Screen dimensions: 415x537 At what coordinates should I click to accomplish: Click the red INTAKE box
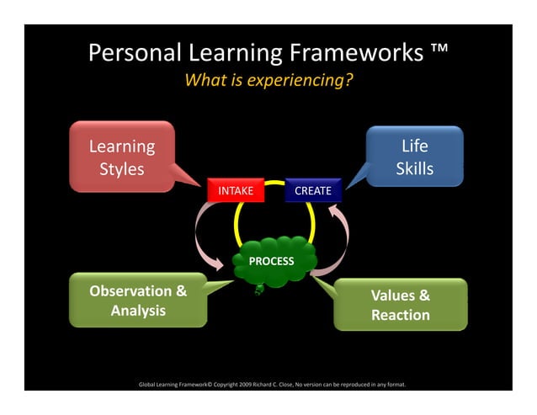point(236,191)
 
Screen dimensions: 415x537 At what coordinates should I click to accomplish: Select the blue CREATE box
point(313,191)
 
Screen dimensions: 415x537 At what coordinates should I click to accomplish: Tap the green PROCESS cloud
point(271,261)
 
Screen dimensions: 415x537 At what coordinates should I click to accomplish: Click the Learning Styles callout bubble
point(122,157)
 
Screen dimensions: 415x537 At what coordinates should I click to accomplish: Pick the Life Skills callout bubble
point(415,157)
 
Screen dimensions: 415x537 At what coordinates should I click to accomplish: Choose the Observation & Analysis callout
point(138,301)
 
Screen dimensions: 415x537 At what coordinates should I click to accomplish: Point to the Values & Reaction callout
point(401,305)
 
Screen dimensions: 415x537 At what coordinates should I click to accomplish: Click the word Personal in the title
point(136,55)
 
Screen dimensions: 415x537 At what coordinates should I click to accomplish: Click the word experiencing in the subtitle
point(304,82)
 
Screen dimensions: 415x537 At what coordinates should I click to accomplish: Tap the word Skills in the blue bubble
point(415,169)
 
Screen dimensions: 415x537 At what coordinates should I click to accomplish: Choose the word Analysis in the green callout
point(138,311)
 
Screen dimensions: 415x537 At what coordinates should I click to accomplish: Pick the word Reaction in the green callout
point(401,316)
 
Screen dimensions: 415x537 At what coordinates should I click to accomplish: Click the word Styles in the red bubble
point(122,169)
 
